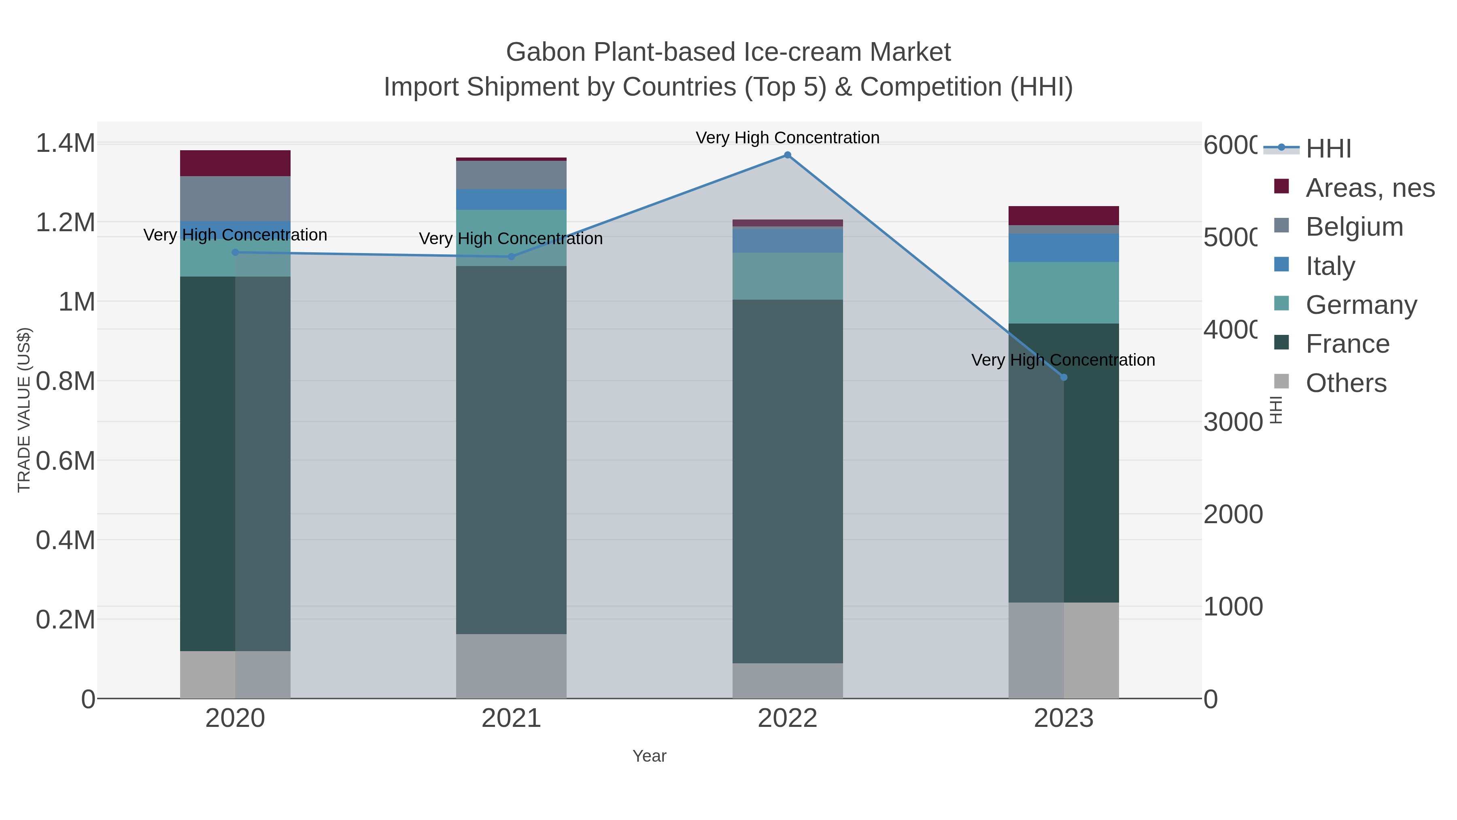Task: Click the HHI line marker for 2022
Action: tap(787, 155)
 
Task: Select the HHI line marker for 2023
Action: tap(1063, 377)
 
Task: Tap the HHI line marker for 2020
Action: tap(235, 252)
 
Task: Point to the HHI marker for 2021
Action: tap(511, 257)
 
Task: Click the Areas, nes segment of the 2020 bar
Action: tap(235, 164)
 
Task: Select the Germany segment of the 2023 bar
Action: tap(1063, 293)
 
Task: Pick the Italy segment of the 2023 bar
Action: tap(1063, 248)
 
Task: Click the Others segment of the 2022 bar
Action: tap(787, 681)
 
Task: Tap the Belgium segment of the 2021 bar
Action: tap(511, 175)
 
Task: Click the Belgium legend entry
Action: tap(1354, 227)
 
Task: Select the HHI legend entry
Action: tap(1328, 149)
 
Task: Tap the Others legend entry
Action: tap(1346, 383)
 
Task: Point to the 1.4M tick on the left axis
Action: tap(65, 143)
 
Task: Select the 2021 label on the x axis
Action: tap(511, 719)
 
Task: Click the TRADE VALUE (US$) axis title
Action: tap(24, 410)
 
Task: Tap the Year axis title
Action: tap(649, 756)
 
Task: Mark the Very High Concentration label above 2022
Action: tap(787, 138)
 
